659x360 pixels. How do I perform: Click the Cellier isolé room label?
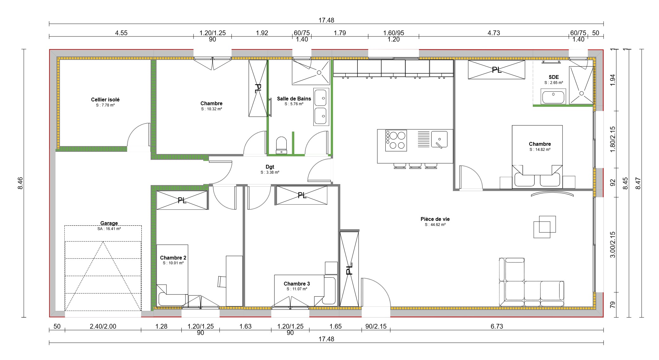[x=105, y=100]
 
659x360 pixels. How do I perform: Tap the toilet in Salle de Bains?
[x=281, y=145]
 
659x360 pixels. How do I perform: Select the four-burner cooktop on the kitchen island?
[x=396, y=140]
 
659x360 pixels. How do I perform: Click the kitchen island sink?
[x=439, y=140]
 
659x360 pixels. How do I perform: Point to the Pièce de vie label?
[x=435, y=219]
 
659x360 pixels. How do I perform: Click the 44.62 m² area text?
[x=435, y=225]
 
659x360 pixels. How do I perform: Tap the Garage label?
[x=109, y=223]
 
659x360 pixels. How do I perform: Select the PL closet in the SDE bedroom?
[x=496, y=70]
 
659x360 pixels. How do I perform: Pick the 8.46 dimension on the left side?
[x=20, y=183]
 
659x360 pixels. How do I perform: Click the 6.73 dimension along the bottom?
[x=497, y=326]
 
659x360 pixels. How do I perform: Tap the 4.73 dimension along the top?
[x=493, y=33]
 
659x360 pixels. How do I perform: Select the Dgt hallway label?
[x=270, y=167]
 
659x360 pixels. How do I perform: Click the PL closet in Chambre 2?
[x=182, y=200]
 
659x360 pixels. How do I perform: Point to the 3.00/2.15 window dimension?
[x=612, y=245]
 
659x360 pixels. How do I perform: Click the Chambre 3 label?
[x=297, y=284]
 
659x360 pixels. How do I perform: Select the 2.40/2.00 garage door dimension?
[x=103, y=326]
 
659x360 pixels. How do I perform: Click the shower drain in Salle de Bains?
[x=319, y=73]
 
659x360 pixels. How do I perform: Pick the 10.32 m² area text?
[x=211, y=109]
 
